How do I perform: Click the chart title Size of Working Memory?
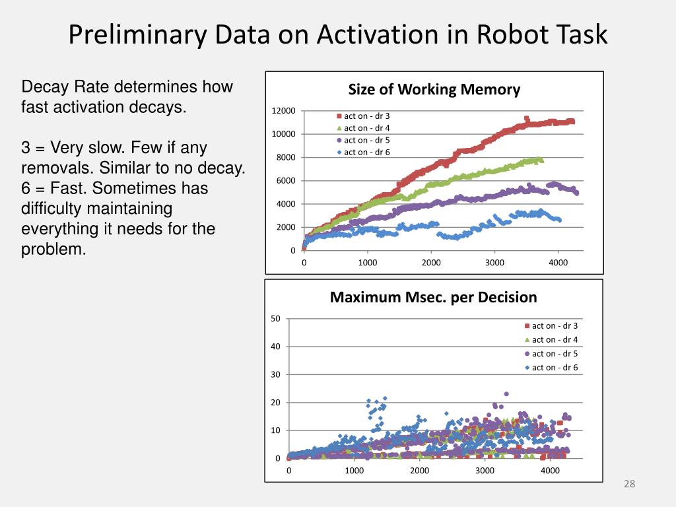(434, 90)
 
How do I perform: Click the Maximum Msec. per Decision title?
(433, 298)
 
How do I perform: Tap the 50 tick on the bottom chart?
(275, 319)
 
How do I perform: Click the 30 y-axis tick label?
(275, 374)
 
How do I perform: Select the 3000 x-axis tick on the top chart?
(494, 263)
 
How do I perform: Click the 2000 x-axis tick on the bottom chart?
(419, 471)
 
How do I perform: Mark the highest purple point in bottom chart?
(506, 394)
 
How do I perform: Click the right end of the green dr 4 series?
(541, 160)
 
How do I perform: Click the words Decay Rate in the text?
(62, 87)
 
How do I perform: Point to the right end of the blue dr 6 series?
(559, 220)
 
